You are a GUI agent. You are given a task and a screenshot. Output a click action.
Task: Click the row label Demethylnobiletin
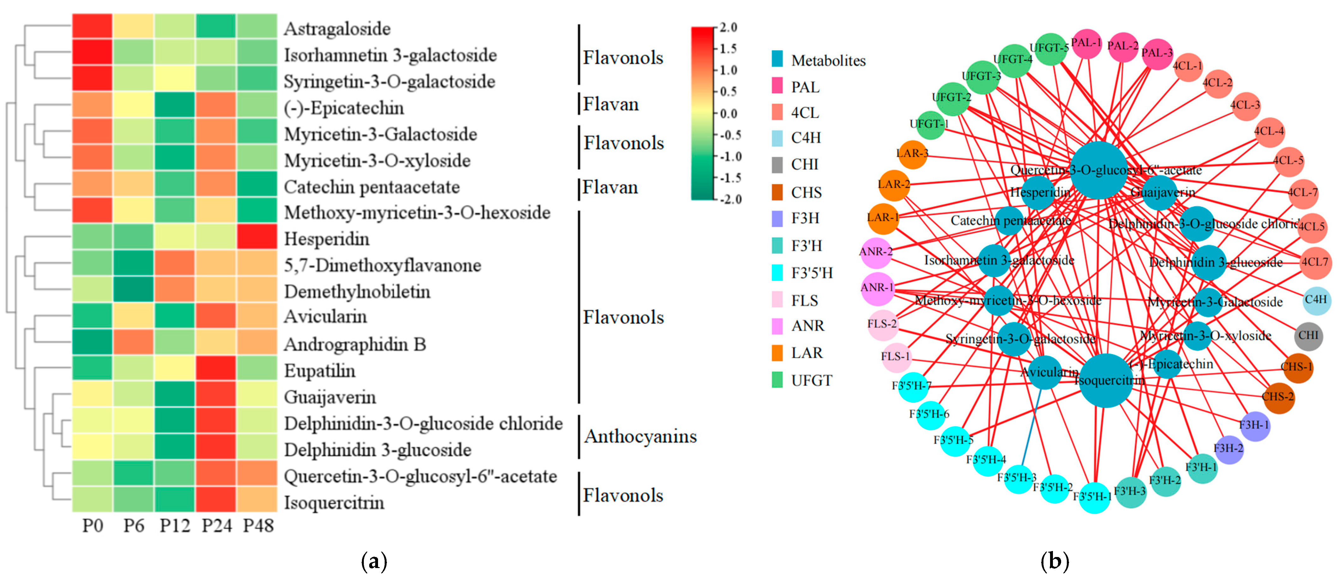[357, 292]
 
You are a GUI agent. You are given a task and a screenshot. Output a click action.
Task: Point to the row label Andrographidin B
[355, 344]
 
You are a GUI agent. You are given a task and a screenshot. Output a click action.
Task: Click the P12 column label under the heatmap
[175, 526]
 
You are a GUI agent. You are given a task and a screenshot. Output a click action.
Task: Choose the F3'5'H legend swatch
[777, 273]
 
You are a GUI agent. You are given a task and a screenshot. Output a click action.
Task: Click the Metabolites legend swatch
[777, 59]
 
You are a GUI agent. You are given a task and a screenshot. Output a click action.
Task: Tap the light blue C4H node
[1316, 300]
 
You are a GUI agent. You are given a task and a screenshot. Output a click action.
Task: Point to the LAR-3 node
[912, 154]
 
